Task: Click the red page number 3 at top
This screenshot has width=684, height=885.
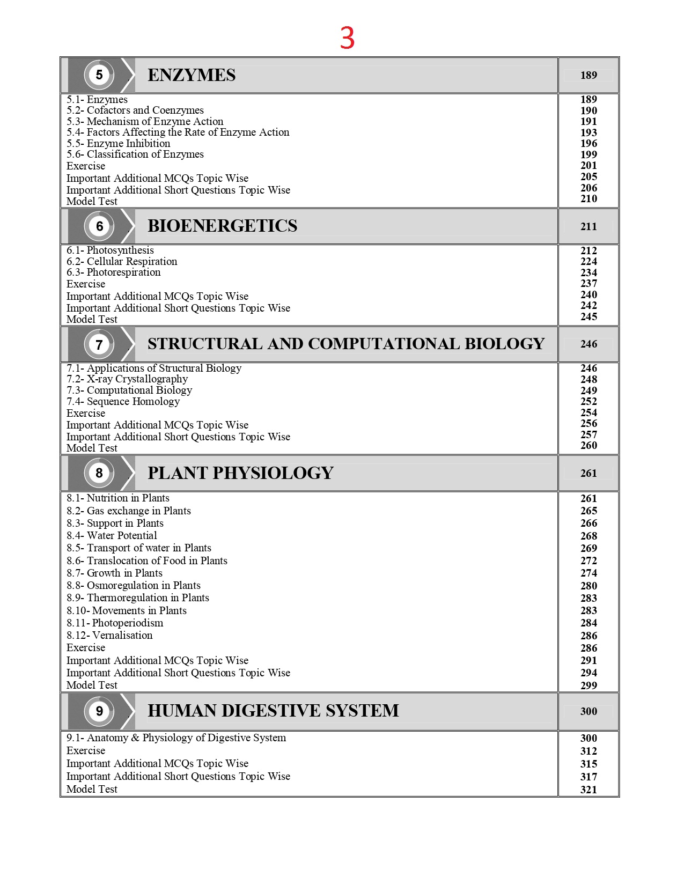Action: [x=347, y=38]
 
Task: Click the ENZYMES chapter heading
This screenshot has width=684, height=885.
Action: [x=192, y=75]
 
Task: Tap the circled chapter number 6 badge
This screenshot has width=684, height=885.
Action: [x=99, y=226]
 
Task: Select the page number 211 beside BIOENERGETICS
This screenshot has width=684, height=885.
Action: [x=589, y=226]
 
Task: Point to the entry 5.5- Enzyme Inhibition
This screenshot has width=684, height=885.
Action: [x=119, y=143]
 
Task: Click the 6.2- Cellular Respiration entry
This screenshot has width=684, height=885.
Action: [x=122, y=261]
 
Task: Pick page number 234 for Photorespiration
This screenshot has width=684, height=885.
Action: [x=589, y=272]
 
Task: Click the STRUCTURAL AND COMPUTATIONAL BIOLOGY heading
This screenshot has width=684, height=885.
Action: [x=346, y=344]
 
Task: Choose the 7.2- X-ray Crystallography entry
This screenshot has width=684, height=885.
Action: [x=127, y=379]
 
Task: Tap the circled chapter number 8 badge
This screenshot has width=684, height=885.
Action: [x=99, y=473]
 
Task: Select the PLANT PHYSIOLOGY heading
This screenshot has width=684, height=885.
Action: [x=240, y=473]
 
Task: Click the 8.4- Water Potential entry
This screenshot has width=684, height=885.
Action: [x=112, y=535]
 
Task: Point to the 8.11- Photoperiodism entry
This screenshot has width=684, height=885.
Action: [x=115, y=623]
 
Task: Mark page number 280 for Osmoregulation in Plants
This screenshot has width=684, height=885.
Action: [x=589, y=586]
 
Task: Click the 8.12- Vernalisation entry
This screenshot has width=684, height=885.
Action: [x=109, y=635]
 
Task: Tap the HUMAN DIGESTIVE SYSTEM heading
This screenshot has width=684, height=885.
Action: [x=273, y=711]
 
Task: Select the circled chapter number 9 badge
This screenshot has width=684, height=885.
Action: [x=99, y=711]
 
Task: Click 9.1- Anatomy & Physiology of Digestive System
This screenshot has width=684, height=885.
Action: [x=176, y=738]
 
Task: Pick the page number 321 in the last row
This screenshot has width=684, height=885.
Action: [x=589, y=790]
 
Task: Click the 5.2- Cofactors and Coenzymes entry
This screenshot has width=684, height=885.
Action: [x=135, y=110]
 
